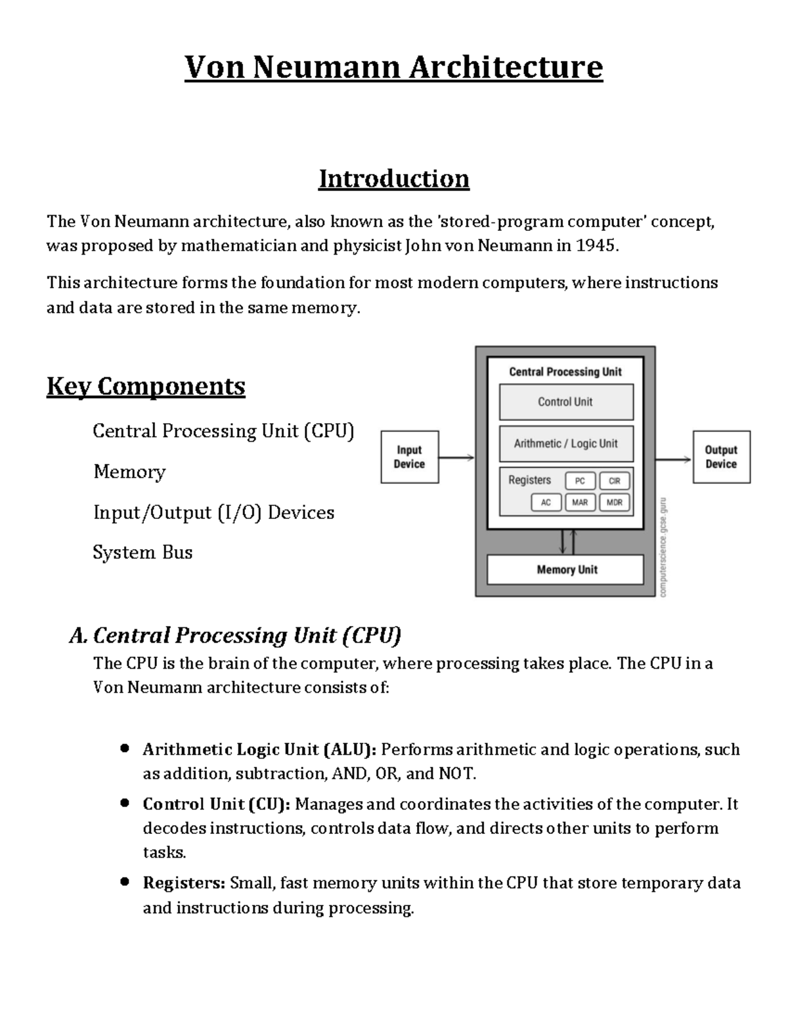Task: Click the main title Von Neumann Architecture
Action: click(393, 68)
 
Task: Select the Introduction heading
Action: click(393, 178)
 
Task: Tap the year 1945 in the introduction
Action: click(596, 246)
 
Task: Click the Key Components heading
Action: click(145, 386)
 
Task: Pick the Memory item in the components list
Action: click(129, 472)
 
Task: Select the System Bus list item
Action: click(142, 552)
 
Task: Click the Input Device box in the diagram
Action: click(410, 457)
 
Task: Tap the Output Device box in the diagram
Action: click(721, 457)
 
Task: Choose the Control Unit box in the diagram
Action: click(565, 402)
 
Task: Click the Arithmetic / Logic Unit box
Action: click(565, 444)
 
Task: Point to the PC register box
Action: click(580, 481)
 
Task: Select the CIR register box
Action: click(615, 481)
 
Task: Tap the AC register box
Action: click(546, 503)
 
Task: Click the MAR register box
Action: click(580, 503)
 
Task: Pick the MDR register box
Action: click(615, 503)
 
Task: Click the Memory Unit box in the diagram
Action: click(565, 570)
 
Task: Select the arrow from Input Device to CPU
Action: click(456, 458)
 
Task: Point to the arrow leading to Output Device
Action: click(673, 459)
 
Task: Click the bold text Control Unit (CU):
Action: click(217, 804)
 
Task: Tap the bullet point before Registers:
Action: click(124, 883)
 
